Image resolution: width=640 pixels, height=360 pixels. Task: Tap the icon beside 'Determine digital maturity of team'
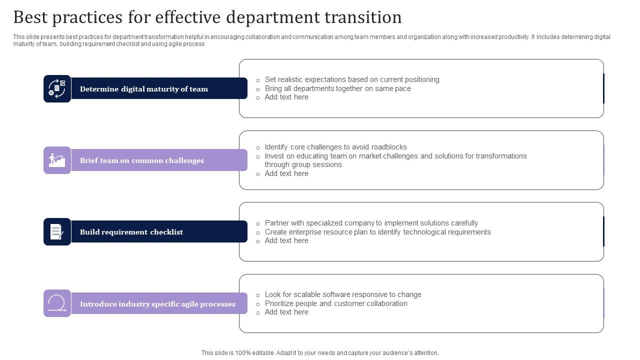pyautogui.click(x=57, y=88)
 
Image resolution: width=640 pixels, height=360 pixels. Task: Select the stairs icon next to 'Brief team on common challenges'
pyautogui.click(x=57, y=160)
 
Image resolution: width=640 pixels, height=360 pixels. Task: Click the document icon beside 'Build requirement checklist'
pyautogui.click(x=57, y=231)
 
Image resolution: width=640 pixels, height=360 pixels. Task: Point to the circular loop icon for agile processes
pyautogui.click(x=57, y=303)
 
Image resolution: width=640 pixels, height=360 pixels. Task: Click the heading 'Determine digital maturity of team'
pyautogui.click(x=143, y=89)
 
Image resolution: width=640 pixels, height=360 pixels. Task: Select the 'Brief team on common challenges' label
pyautogui.click(x=142, y=160)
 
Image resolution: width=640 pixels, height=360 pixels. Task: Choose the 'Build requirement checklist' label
pyautogui.click(x=131, y=232)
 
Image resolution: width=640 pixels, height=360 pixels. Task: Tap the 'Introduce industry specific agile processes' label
pyautogui.click(x=157, y=304)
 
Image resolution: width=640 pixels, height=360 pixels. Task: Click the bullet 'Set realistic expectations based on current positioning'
pyautogui.click(x=352, y=79)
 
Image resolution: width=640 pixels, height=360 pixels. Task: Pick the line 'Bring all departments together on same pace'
pyautogui.click(x=337, y=88)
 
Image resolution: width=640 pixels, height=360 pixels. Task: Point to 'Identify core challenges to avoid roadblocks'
pyautogui.click(x=335, y=147)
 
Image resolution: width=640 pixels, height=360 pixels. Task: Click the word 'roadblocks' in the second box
pyautogui.click(x=389, y=147)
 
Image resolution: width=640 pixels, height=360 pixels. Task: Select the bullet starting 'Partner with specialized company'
pyautogui.click(x=371, y=223)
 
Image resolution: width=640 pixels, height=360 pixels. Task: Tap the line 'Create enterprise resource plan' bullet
pyautogui.click(x=377, y=232)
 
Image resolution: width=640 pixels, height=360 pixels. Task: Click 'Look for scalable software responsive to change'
pyautogui.click(x=343, y=294)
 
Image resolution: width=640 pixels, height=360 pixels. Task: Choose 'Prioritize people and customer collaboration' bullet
pyautogui.click(x=336, y=303)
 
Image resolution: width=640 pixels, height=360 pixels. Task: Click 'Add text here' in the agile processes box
pyautogui.click(x=286, y=312)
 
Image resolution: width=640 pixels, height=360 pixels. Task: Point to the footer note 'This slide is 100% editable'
pyautogui.click(x=320, y=353)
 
